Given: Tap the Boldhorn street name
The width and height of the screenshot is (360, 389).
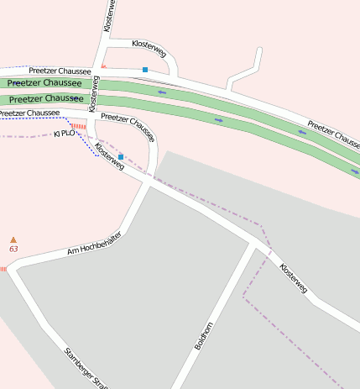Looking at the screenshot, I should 204,335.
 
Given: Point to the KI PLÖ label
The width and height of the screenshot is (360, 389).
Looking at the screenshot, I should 65,134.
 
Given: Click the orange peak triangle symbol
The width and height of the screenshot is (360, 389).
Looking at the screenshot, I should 13,240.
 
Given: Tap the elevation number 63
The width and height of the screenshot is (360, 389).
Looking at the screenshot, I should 13,250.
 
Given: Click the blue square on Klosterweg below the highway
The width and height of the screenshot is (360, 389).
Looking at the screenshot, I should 121,157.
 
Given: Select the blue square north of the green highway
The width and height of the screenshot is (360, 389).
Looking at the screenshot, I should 145,69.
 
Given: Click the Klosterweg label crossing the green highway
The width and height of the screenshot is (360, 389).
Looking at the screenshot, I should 94,94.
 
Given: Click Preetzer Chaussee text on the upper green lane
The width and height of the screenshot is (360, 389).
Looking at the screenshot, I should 45,83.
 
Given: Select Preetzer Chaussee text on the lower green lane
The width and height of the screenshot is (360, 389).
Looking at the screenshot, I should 47,99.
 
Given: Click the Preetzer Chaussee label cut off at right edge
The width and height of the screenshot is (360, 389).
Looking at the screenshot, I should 334,137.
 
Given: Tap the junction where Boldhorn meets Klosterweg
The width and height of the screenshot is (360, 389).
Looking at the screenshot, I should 253,244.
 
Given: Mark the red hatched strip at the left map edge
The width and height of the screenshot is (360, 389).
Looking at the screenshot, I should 3,269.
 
